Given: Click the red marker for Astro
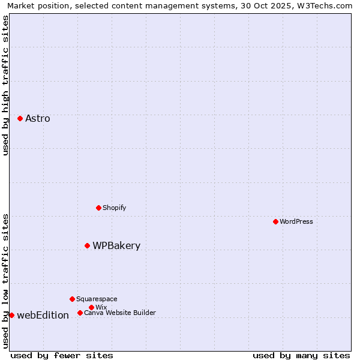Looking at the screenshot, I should click(20, 118).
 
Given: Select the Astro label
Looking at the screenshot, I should click(38, 119).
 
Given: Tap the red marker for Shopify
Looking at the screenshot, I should click(98, 208).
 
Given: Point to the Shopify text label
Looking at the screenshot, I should click(114, 208).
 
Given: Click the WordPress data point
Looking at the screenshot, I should click(275, 221).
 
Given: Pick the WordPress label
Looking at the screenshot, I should click(296, 222).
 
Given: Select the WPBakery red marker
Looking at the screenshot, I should click(87, 245).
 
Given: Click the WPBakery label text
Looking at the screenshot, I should click(116, 246).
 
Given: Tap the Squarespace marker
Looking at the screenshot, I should click(72, 299).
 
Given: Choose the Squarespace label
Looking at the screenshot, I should click(97, 299).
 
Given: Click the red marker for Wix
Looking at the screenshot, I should click(91, 307).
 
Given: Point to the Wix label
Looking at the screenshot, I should click(101, 308).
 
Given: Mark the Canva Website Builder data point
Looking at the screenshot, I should click(80, 313).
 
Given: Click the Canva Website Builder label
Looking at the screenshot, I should click(119, 313).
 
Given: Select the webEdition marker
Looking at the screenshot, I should click(11, 315).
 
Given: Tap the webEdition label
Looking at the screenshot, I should click(43, 316).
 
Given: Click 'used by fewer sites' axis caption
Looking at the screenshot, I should click(62, 355).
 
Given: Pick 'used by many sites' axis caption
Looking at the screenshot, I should click(301, 355).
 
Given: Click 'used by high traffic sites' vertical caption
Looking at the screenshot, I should click(5, 85).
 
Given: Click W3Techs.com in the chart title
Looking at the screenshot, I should click(328, 5).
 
